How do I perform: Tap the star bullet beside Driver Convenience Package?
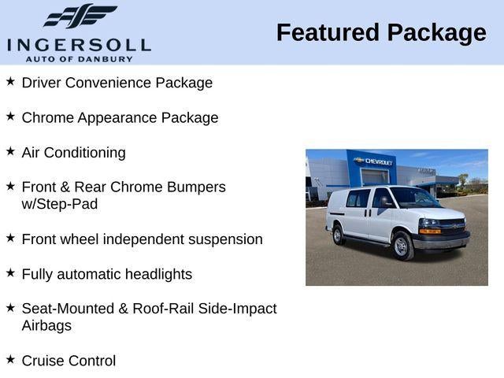(x=10, y=81)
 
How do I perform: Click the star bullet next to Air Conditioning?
(x=10, y=151)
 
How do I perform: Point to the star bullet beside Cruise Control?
(x=10, y=360)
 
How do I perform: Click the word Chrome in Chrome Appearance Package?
(x=47, y=117)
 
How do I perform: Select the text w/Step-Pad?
(x=60, y=204)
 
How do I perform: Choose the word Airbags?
(x=46, y=326)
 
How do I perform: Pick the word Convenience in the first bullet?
(x=110, y=83)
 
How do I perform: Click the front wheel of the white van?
(x=401, y=246)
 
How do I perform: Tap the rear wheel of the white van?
(x=339, y=235)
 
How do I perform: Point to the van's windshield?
(x=413, y=198)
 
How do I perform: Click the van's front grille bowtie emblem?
(x=453, y=226)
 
